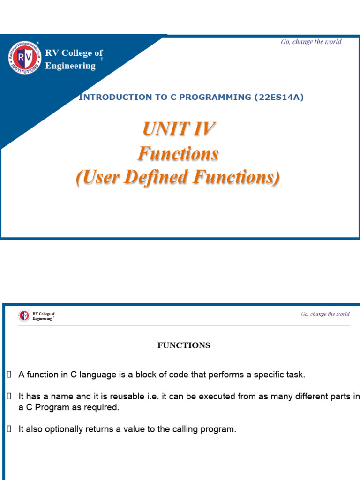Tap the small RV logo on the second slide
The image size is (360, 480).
tap(24, 315)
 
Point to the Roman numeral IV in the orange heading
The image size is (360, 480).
tap(203, 129)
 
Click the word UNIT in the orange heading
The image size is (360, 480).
tap(165, 129)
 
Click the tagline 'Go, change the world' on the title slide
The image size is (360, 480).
tap(311, 42)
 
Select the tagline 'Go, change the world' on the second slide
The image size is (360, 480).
tap(325, 314)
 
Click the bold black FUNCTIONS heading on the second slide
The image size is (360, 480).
tap(183, 345)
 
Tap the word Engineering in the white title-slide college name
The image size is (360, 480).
tap(70, 66)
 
